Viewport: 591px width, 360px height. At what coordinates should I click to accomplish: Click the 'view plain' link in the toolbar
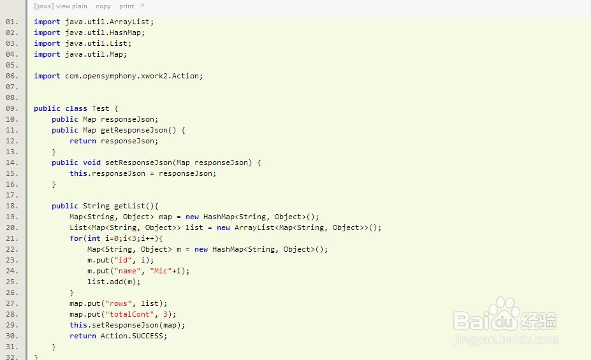pyautogui.click(x=71, y=6)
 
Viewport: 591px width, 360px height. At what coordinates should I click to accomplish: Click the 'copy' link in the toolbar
pyautogui.click(x=103, y=6)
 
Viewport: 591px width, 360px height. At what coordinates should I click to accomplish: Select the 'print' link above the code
pyautogui.click(x=127, y=6)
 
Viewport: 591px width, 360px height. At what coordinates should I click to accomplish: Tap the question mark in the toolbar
pyautogui.click(x=142, y=6)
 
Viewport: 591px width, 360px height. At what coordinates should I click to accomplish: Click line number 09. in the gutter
pyautogui.click(x=12, y=108)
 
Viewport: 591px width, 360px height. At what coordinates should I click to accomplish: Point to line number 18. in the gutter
pyautogui.click(x=12, y=206)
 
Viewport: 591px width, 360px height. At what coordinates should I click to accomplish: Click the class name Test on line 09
pyautogui.click(x=101, y=108)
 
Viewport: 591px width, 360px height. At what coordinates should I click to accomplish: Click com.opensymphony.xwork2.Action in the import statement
pyautogui.click(x=133, y=76)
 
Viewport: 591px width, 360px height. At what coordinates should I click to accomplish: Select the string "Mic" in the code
pyautogui.click(x=161, y=271)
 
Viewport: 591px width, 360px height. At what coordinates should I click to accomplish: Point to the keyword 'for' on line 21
pyautogui.click(x=76, y=238)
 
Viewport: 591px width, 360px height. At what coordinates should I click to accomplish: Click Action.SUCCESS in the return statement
pyautogui.click(x=134, y=336)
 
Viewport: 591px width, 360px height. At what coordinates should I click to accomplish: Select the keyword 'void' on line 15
pyautogui.click(x=92, y=162)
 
